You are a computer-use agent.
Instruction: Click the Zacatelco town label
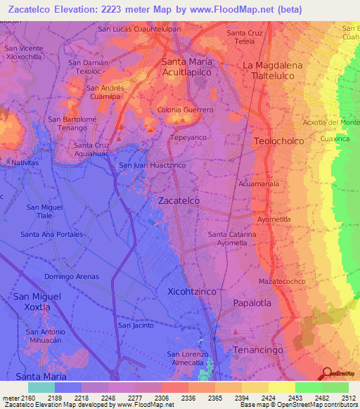(x=179, y=200)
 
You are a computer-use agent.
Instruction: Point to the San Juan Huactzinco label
(x=152, y=165)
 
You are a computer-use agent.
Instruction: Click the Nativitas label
(x=25, y=162)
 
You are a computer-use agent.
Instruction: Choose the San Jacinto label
(x=135, y=325)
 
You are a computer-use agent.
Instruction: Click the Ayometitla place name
(x=274, y=219)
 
